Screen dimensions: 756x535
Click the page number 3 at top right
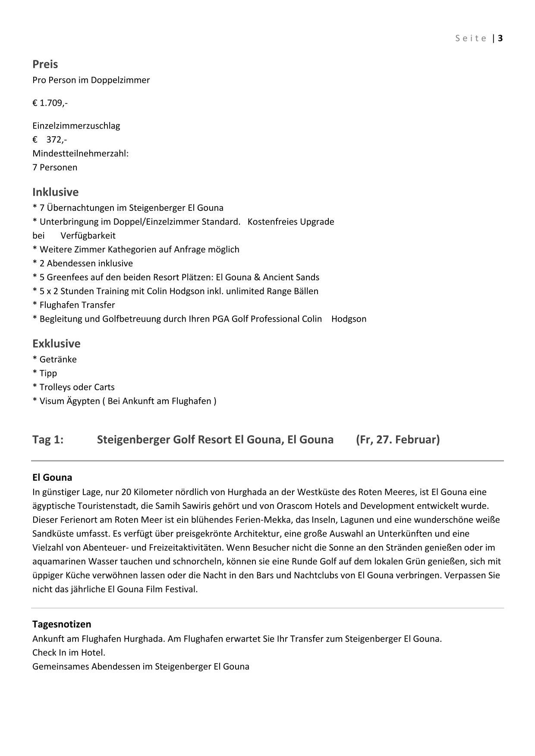[500, 38]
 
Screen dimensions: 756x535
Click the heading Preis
[45, 64]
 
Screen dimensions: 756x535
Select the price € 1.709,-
[50, 103]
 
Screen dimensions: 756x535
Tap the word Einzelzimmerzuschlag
[76, 126]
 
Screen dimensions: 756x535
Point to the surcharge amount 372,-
[57, 140]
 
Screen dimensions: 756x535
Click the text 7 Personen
[55, 167]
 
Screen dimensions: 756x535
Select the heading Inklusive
[55, 192]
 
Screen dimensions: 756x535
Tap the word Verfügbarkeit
[88, 235]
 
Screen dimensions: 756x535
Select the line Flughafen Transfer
[77, 305]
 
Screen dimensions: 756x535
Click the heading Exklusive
[56, 344]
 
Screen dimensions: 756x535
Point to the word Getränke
[58, 359]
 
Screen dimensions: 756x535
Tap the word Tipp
[48, 373]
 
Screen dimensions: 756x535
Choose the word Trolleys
[55, 387]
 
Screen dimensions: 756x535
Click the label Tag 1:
[48, 439]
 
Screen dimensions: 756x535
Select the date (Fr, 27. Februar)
[398, 439]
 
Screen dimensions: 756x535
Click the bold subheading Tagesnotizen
[62, 624]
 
